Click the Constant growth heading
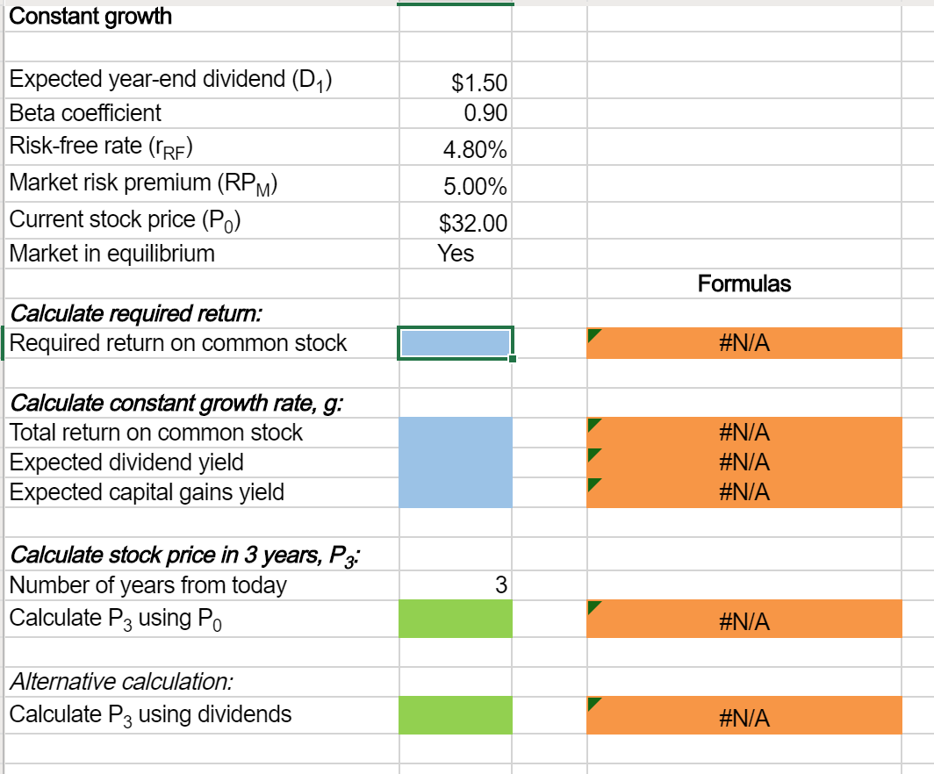point(90,16)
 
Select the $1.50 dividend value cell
point(478,83)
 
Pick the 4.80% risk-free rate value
point(475,150)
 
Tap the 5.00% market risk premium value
point(475,187)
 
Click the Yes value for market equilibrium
point(456,254)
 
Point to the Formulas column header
point(744,283)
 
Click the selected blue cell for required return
point(455,343)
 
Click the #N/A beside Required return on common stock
point(744,343)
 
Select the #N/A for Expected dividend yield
point(744,462)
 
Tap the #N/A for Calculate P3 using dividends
point(744,720)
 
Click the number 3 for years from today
point(500,585)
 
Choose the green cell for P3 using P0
point(455,620)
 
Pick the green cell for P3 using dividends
point(455,715)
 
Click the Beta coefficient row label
point(85,112)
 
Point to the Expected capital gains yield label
point(147,491)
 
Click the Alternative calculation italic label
point(121,681)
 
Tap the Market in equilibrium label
point(111,254)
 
